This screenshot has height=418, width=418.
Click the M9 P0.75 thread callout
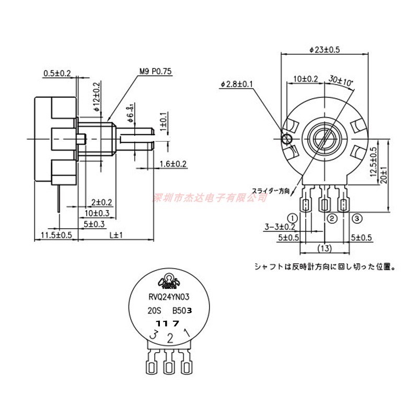(155, 73)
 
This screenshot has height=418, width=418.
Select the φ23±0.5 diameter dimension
(324, 50)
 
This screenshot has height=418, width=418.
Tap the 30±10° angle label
(341, 81)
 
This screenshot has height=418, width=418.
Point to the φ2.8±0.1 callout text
(237, 84)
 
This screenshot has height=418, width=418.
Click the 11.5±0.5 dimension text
(56, 235)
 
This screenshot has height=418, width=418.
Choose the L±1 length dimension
(115, 235)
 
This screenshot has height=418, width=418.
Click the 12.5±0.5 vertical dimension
(373, 164)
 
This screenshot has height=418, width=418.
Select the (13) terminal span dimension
(324, 248)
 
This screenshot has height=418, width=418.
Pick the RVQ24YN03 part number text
(168, 297)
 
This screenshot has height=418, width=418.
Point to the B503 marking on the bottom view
(182, 310)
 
